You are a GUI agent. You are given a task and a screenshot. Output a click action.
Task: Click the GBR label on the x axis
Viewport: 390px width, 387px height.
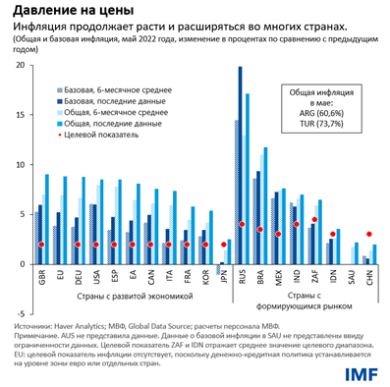pos(42,278)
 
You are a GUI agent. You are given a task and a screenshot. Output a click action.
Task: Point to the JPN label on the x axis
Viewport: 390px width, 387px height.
pos(223,278)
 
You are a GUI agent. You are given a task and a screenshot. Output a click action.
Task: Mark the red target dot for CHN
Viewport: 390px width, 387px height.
pos(368,234)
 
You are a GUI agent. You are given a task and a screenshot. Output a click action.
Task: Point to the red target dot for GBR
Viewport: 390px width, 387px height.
pos(41,245)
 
